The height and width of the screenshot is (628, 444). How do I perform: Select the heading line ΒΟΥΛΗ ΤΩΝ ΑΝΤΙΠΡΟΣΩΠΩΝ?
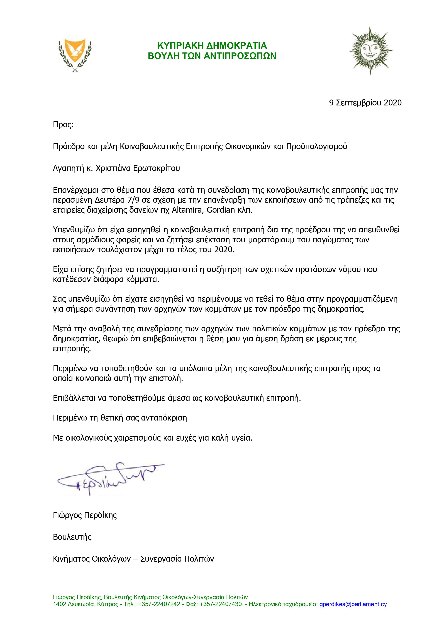pos(212,56)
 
